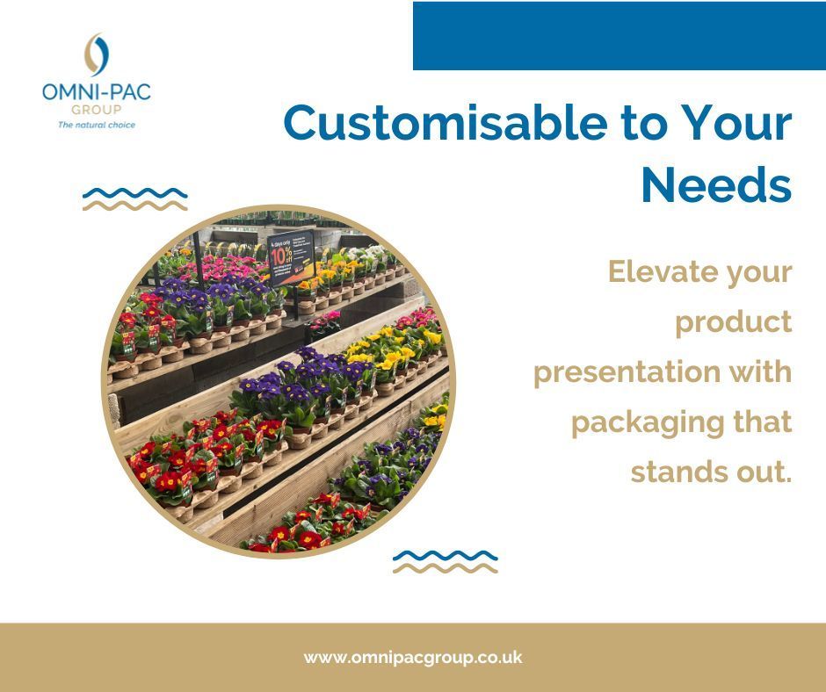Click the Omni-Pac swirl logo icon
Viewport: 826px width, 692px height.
click(x=97, y=55)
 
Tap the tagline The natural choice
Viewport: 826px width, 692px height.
click(x=97, y=125)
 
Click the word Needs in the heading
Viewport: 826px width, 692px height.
click(x=716, y=184)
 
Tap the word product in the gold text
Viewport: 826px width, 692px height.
click(x=734, y=322)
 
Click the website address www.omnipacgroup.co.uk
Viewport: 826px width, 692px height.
click(x=413, y=657)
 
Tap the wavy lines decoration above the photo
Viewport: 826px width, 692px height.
click(x=134, y=199)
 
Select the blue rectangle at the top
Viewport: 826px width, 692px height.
click(x=619, y=36)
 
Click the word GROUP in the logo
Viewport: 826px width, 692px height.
click(x=97, y=110)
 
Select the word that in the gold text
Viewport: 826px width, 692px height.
click(x=763, y=422)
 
